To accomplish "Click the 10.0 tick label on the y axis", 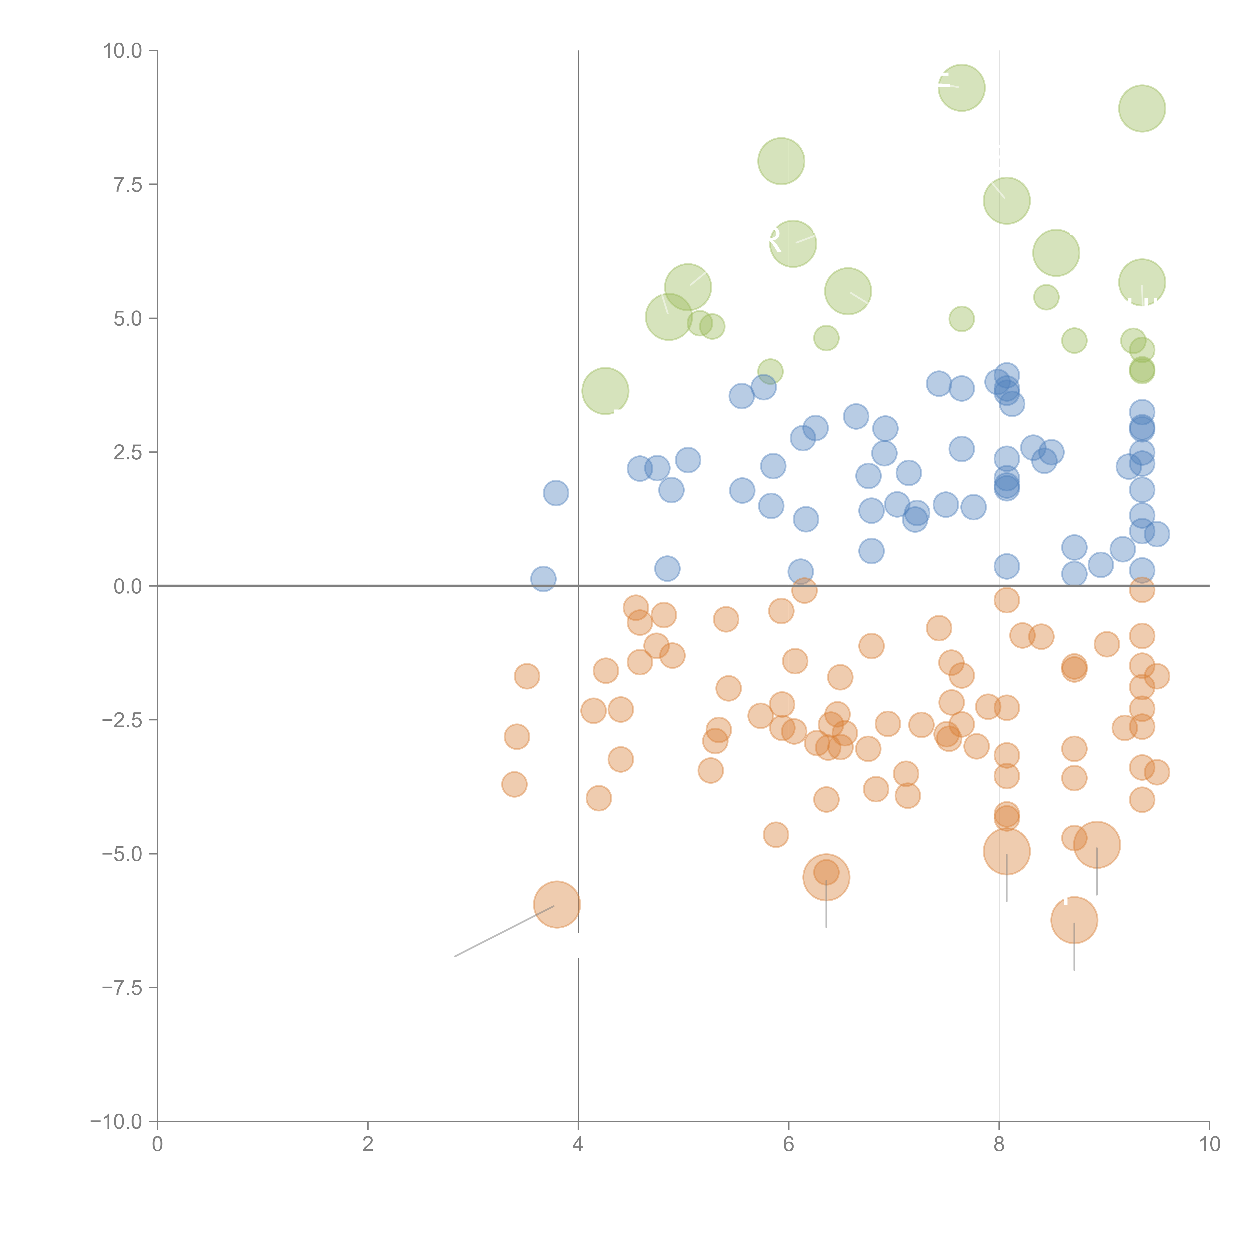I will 123,51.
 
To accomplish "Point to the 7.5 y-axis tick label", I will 128,184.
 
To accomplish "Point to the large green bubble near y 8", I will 781,161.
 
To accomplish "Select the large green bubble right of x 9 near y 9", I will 1142,108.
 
